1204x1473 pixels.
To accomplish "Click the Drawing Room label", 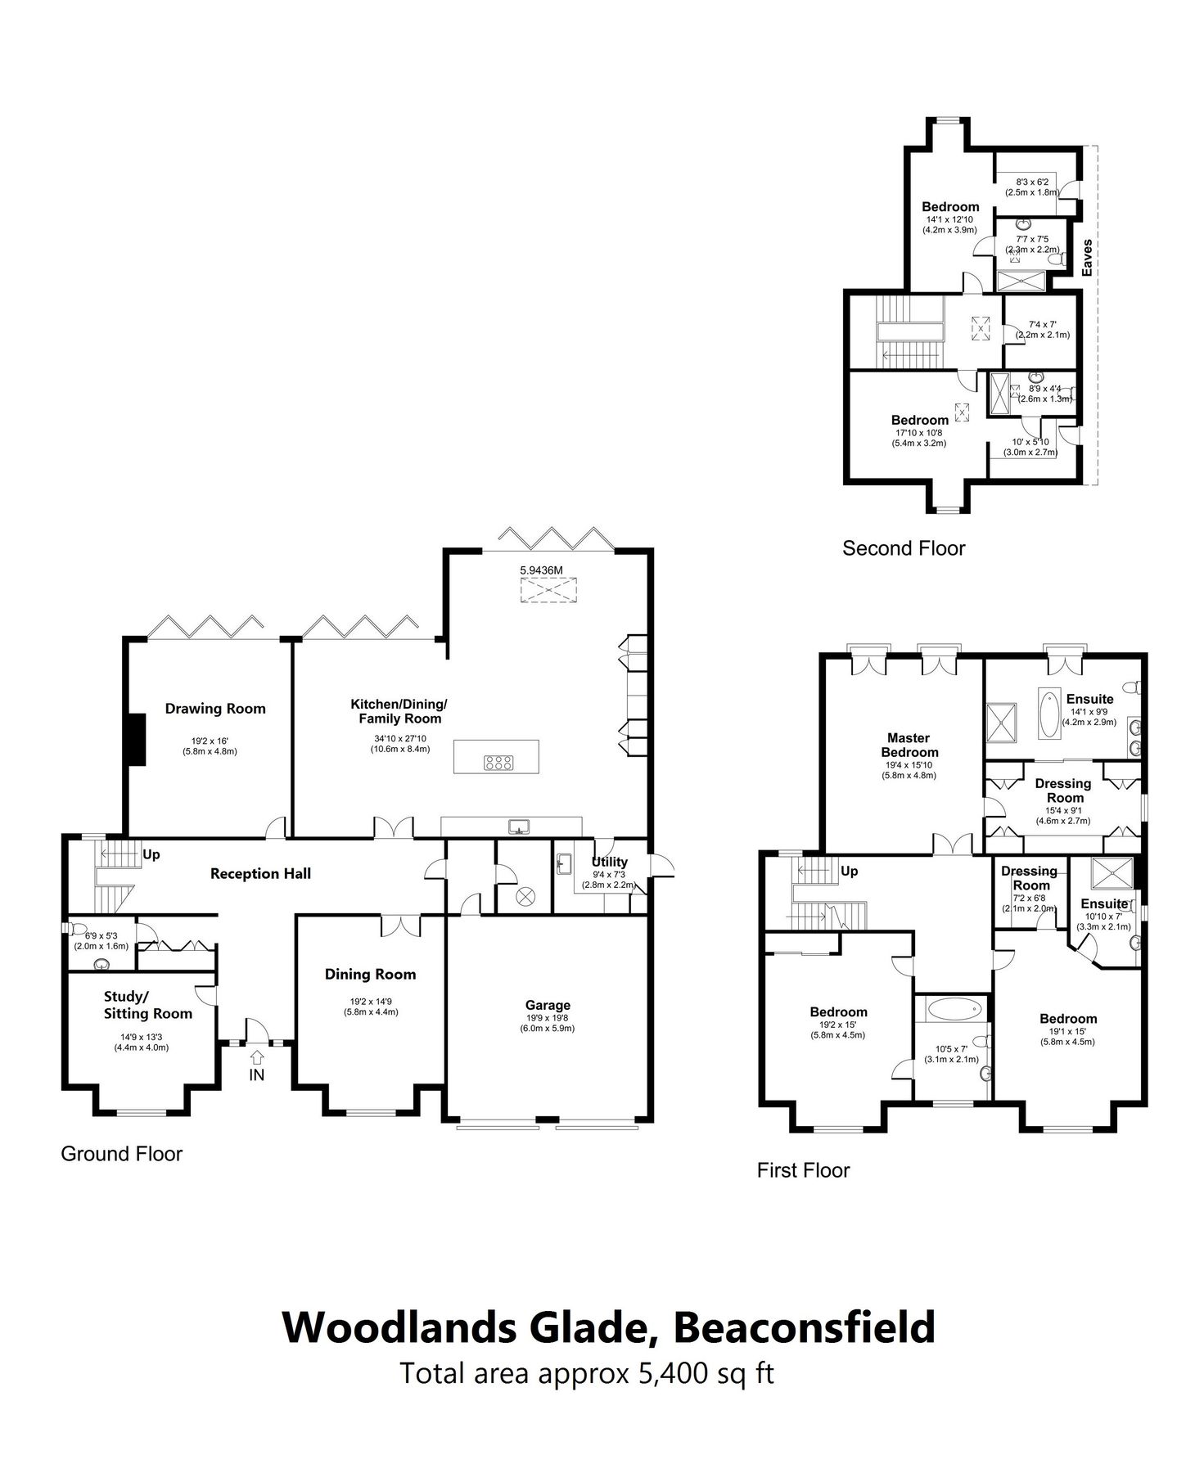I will click(215, 709).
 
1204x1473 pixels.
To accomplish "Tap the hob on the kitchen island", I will click(498, 763).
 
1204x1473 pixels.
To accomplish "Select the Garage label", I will click(548, 1005).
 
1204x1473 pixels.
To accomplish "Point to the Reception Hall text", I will click(260, 874).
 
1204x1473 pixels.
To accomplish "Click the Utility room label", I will click(609, 862).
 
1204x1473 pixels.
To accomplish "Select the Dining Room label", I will click(370, 975).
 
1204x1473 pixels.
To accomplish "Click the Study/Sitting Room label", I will click(147, 1005).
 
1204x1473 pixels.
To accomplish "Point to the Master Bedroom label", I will click(909, 745).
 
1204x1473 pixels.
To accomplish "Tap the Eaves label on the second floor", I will click(1087, 258).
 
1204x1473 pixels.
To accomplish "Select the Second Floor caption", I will click(904, 548).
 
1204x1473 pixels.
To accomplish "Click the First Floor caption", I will click(803, 1171).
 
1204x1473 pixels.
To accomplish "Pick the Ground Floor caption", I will click(121, 1154).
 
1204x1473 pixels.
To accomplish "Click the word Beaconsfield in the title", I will click(804, 1327).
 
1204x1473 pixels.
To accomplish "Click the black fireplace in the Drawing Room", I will click(134, 739).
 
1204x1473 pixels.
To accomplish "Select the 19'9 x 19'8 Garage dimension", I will click(547, 1019).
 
